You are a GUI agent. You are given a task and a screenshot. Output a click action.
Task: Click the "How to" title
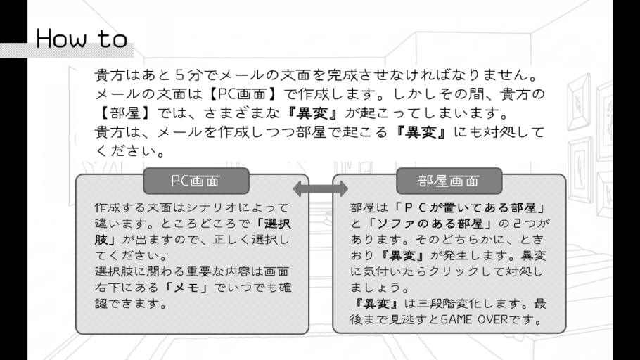click(x=82, y=39)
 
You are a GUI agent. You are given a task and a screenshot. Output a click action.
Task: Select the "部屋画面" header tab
click(x=448, y=181)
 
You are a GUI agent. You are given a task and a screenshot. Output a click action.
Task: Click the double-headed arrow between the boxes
click(x=320, y=188)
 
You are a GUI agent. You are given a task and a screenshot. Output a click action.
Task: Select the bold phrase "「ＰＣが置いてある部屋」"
click(x=469, y=209)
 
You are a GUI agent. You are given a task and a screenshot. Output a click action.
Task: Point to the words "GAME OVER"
click(x=473, y=321)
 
